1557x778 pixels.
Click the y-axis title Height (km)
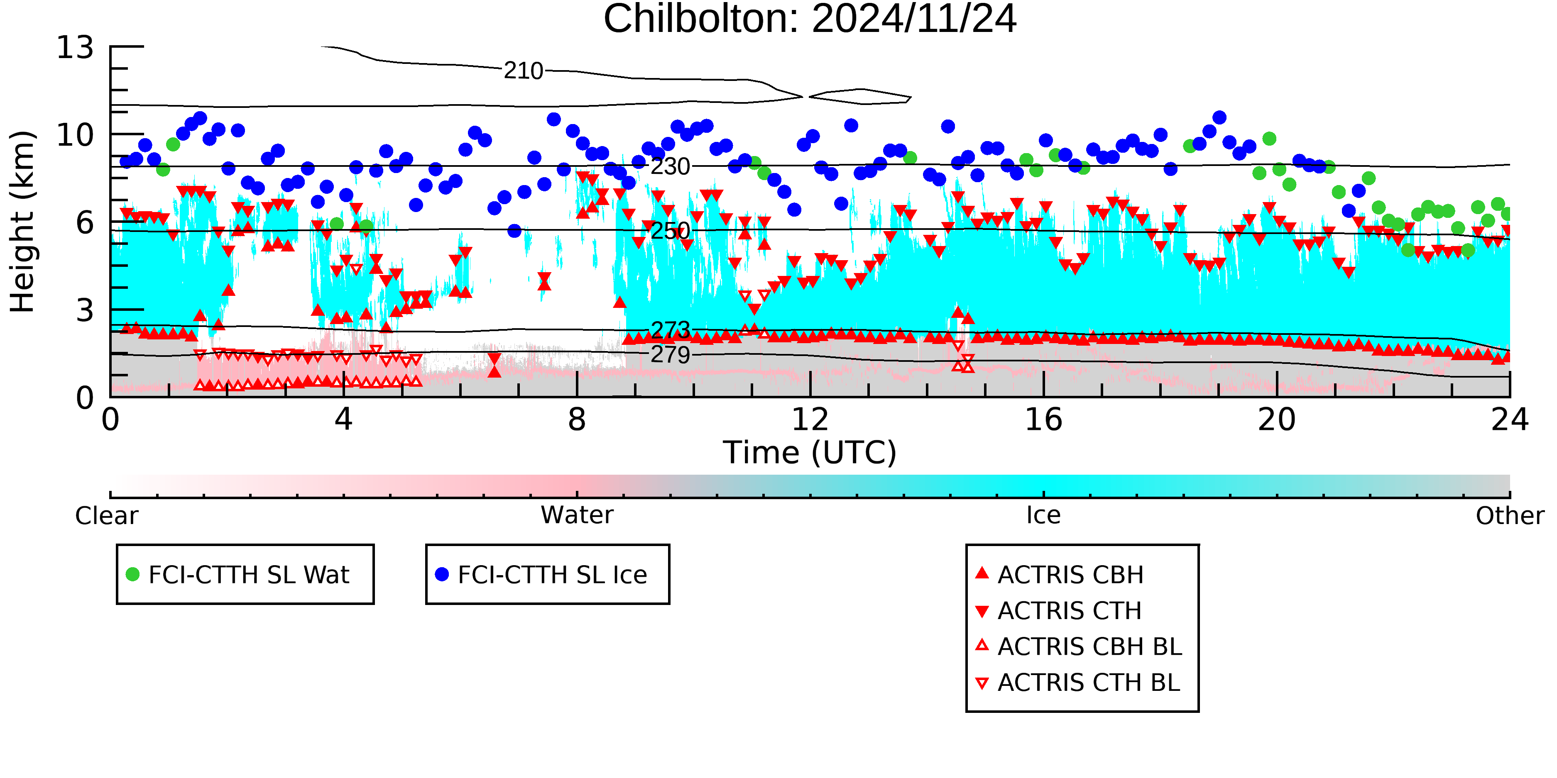[23, 222]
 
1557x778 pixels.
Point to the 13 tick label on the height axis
[76, 47]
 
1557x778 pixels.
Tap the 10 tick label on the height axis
[76, 135]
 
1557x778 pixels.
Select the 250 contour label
[670, 230]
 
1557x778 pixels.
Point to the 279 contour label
[670, 355]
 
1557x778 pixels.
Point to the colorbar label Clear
[106, 516]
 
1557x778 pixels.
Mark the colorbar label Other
[1510, 516]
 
